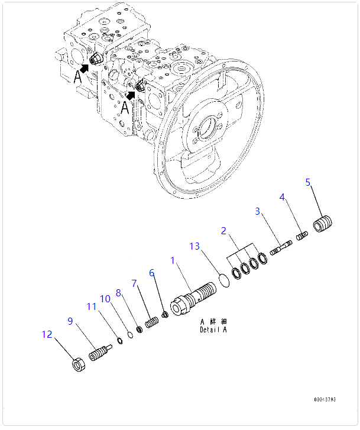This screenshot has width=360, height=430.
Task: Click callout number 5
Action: pos(307,182)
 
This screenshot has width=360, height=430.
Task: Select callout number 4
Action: pos(283,196)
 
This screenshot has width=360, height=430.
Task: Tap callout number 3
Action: pos(258,211)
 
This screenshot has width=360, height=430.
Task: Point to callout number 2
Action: pos(223,229)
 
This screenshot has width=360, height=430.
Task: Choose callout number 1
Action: pos(173,260)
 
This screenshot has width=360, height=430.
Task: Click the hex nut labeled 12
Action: pos(77,365)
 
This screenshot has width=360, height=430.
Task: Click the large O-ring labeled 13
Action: pos(223,281)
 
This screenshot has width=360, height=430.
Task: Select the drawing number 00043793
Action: pos(325,399)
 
